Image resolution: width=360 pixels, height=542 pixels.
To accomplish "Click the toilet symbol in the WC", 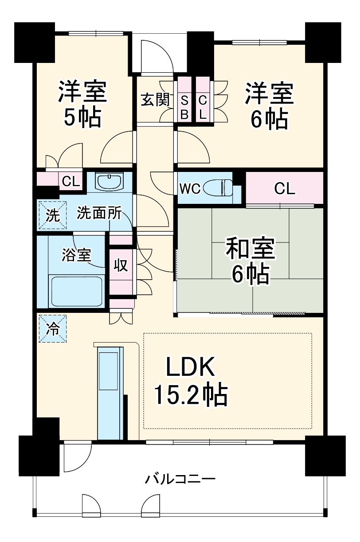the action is [x=218, y=187].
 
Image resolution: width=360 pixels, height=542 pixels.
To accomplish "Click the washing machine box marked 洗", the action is [x=53, y=215].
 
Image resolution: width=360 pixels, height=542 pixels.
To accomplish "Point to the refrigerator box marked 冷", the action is [x=53, y=328].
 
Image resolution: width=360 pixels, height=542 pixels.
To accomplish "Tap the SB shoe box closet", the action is [x=184, y=99].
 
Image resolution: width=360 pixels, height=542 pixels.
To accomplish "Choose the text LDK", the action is [x=190, y=367].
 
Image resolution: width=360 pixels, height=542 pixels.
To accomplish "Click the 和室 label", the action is [x=250, y=249].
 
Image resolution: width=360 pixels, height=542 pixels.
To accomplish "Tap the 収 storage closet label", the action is [x=121, y=265].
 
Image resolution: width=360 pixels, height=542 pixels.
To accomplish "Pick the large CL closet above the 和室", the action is [x=285, y=188].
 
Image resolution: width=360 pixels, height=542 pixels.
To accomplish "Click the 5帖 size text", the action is [x=82, y=117].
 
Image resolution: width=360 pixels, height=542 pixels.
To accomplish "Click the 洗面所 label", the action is [x=99, y=213].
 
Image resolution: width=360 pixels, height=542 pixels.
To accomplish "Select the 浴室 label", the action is [x=77, y=255].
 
